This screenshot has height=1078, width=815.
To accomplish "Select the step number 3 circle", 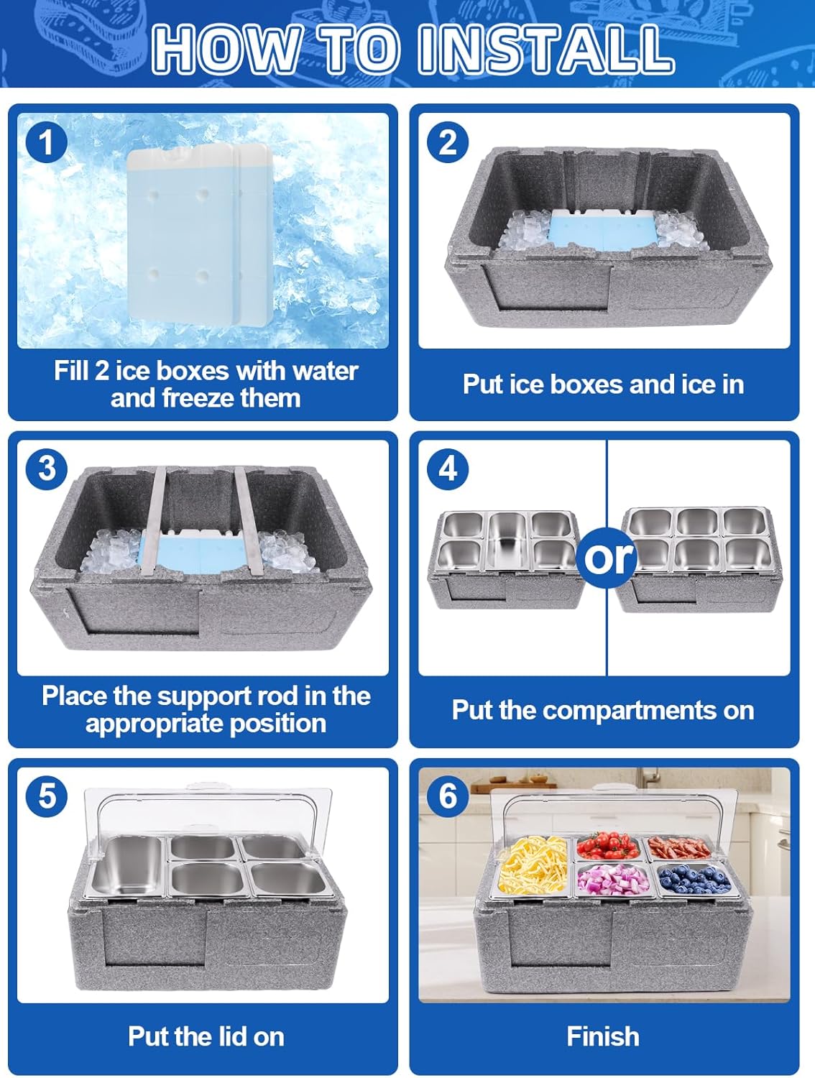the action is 46,468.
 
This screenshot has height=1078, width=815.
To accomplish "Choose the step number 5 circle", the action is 46,795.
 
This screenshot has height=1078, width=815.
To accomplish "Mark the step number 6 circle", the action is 447,795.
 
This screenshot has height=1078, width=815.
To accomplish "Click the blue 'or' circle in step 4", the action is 607,558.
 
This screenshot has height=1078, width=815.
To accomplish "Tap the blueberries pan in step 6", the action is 695,877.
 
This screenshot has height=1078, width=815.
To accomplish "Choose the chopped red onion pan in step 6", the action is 614,878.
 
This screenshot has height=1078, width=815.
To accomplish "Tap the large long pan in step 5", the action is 126,865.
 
